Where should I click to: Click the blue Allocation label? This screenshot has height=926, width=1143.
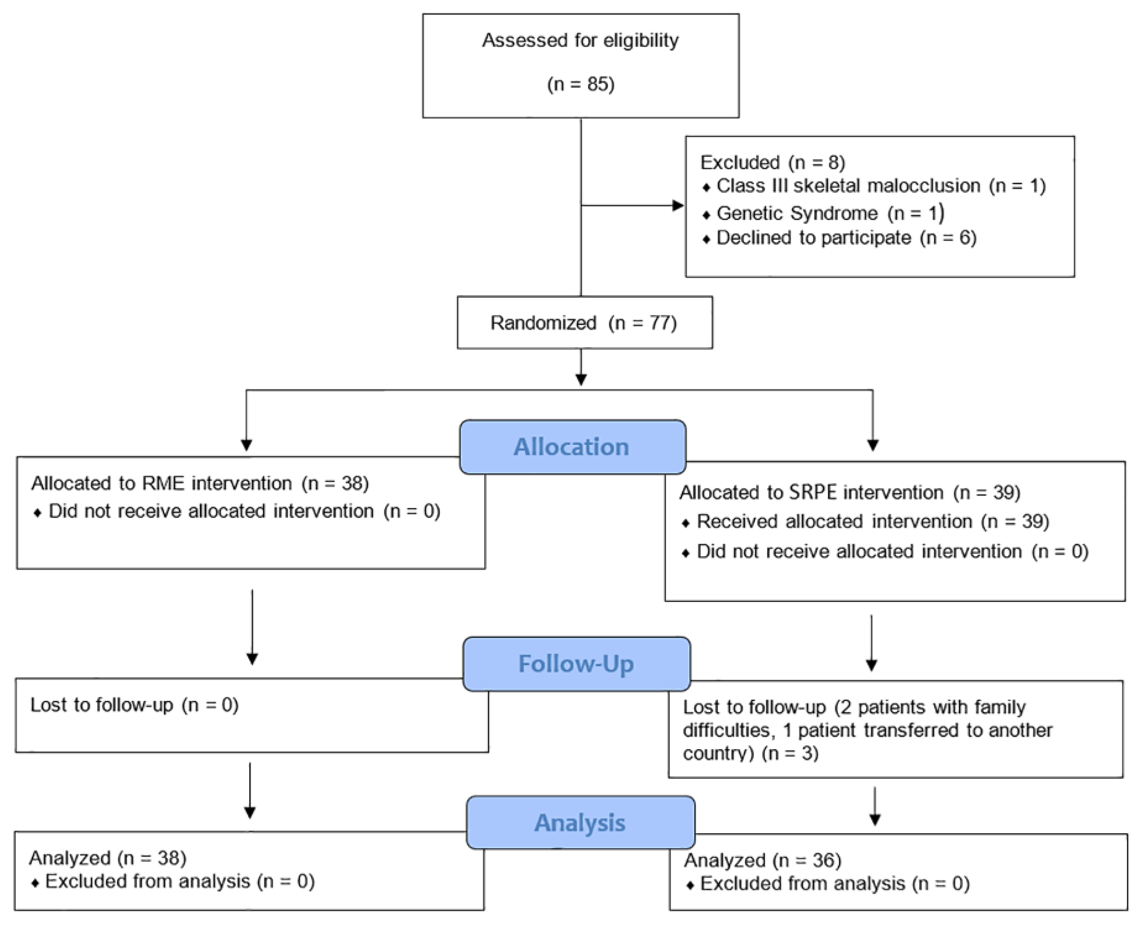coord(572,447)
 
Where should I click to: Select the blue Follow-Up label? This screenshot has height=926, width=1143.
coord(576,664)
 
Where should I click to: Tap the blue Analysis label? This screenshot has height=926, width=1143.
coord(580,823)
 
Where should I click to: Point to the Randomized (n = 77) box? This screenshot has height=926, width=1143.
coord(584,323)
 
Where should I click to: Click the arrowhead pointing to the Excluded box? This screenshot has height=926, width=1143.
coord(678,205)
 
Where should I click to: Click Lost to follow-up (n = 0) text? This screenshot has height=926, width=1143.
coord(134,705)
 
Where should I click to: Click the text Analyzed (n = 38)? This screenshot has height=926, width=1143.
coord(108,858)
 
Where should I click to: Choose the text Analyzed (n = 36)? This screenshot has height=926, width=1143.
coord(763,860)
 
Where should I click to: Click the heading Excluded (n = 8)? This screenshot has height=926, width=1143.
coord(772,162)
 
